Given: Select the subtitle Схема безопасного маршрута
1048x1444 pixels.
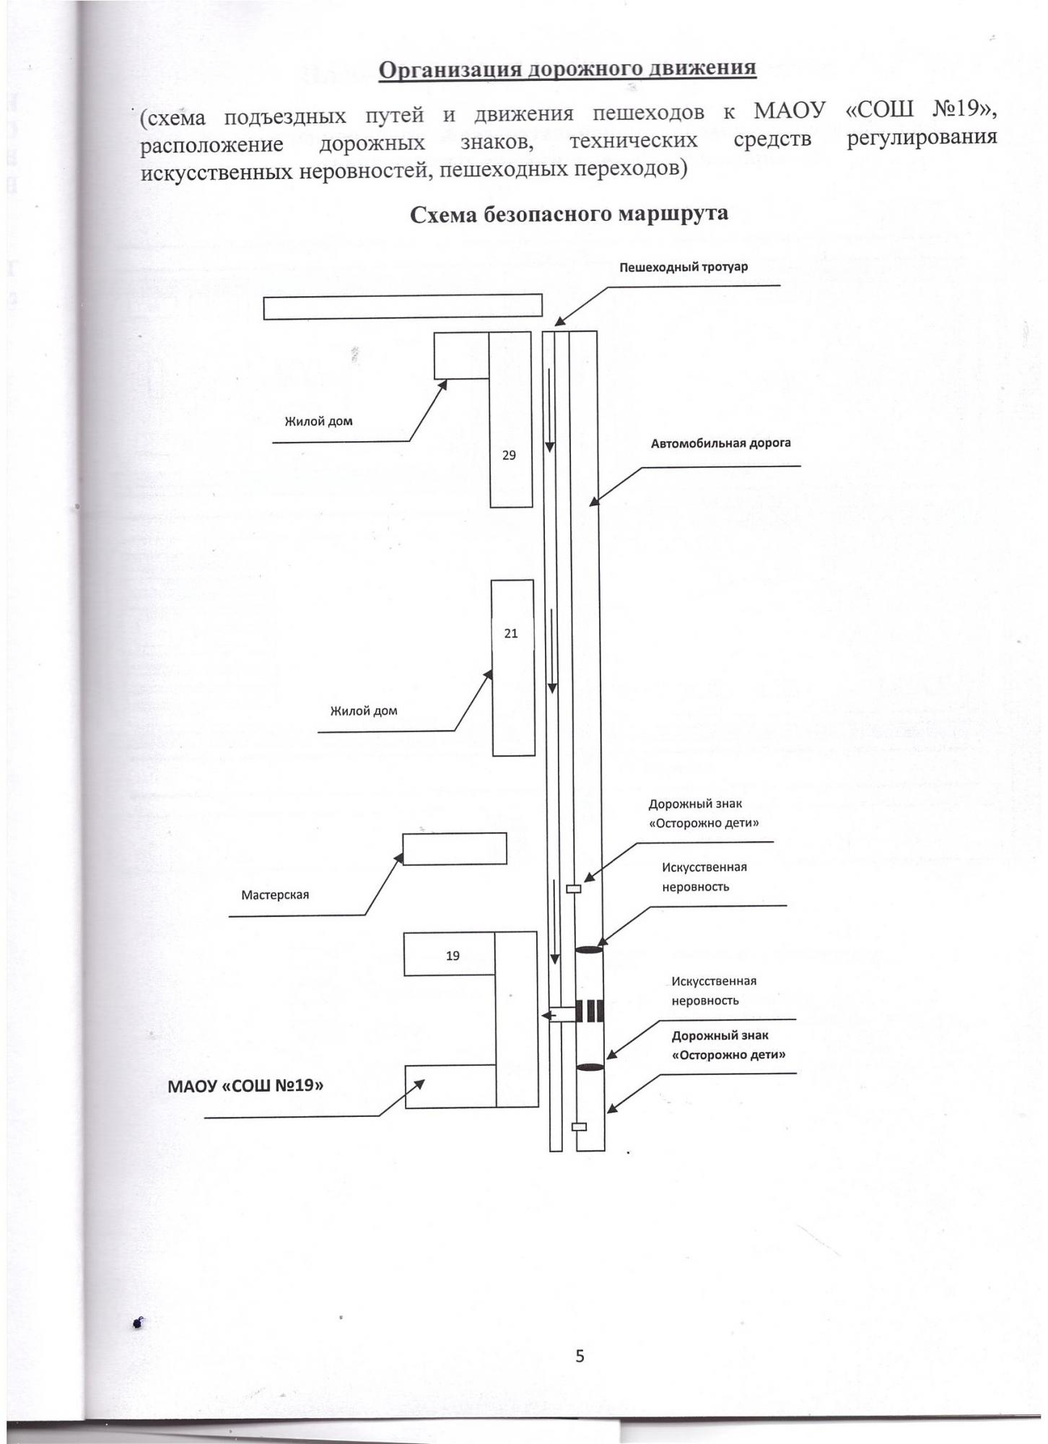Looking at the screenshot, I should click(569, 214).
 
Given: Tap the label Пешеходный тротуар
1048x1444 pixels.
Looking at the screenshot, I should click(684, 267).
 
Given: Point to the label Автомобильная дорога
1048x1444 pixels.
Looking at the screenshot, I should click(720, 443).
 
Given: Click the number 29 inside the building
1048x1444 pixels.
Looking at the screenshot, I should click(509, 456).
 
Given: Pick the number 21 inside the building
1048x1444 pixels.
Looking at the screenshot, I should click(510, 634).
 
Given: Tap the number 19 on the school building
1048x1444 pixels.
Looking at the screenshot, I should click(453, 956).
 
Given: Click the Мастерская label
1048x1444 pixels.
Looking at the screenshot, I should click(275, 895).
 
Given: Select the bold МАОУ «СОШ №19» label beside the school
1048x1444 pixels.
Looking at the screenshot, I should click(245, 1085).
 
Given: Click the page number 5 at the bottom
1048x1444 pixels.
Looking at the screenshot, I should click(580, 1356).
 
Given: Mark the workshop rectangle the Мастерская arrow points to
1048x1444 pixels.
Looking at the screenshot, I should click(454, 849).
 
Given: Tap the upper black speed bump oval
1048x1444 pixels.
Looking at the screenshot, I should click(588, 949).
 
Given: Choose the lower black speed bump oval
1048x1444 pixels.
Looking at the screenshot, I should click(590, 1067).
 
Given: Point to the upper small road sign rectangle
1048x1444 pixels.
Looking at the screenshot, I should click(573, 889).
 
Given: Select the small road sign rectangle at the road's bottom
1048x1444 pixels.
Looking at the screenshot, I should click(579, 1126).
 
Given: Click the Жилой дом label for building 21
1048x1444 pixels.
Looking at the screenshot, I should click(364, 710).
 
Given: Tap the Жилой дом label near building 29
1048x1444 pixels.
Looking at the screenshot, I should click(318, 421).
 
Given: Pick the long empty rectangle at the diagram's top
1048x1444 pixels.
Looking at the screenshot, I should click(402, 307).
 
